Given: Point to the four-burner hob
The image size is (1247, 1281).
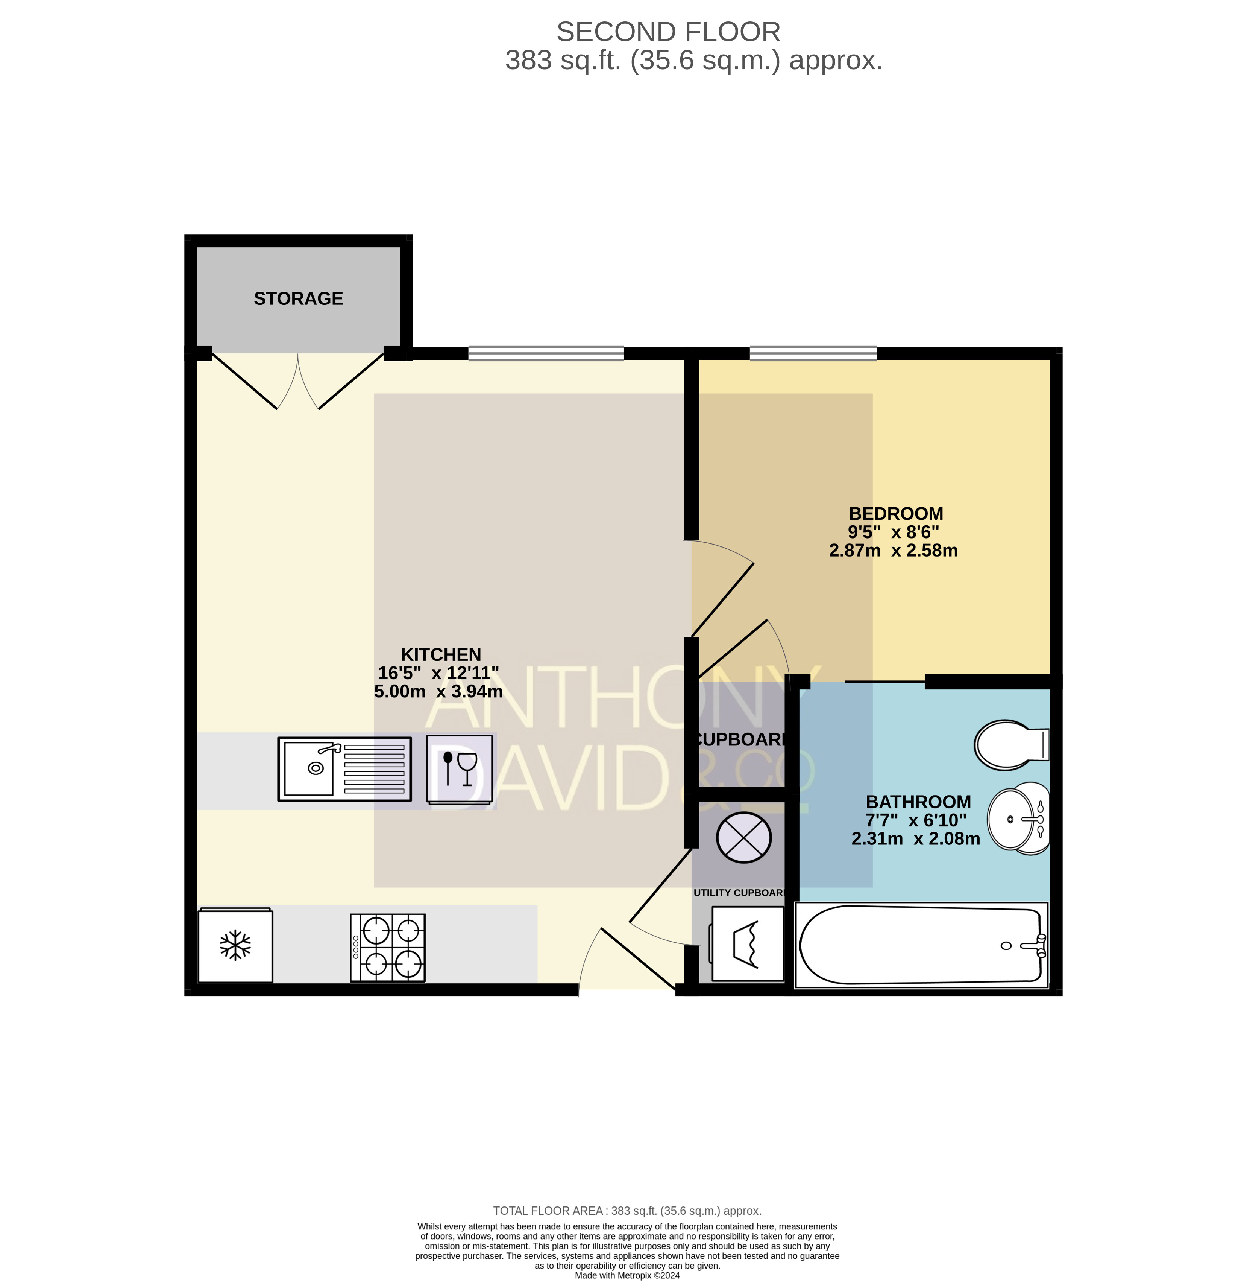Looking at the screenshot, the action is point(388,948).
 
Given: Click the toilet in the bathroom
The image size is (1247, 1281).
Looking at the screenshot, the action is point(1012,744).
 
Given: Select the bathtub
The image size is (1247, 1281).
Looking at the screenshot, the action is point(921,945).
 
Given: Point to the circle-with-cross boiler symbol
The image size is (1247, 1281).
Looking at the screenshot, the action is point(744,837).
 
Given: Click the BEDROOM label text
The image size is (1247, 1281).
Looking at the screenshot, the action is point(896,514).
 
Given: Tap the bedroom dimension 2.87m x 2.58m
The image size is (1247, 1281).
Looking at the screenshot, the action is point(894,551).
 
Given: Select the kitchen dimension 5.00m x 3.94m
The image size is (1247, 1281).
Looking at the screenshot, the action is point(438,691).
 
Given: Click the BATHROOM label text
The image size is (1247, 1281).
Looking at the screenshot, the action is point(918,802).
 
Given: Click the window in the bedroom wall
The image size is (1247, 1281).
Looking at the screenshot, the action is point(813,354).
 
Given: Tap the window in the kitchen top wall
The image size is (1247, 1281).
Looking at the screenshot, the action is point(546,354).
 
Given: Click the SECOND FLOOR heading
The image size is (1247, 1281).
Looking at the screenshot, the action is point(668,32).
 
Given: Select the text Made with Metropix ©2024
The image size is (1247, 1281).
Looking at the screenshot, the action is point(627,1275).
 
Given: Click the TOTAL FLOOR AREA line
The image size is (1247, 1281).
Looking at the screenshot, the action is point(627,1211).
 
